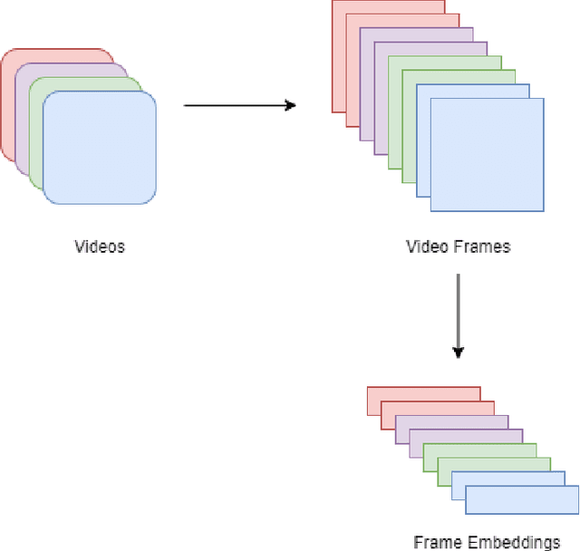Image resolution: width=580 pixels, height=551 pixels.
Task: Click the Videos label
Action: (x=100, y=246)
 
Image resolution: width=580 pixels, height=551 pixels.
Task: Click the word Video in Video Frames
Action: (x=425, y=246)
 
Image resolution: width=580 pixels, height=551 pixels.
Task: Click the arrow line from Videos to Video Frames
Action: (x=236, y=105)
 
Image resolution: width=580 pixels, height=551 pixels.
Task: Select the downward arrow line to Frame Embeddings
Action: (x=459, y=308)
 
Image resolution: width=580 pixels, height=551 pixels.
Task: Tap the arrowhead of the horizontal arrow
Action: (x=291, y=105)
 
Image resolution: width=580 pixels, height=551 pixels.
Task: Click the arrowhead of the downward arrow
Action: (x=459, y=353)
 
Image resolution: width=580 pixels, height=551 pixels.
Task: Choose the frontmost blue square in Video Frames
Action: (x=487, y=153)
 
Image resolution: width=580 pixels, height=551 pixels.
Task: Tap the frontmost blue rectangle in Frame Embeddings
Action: (x=522, y=499)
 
